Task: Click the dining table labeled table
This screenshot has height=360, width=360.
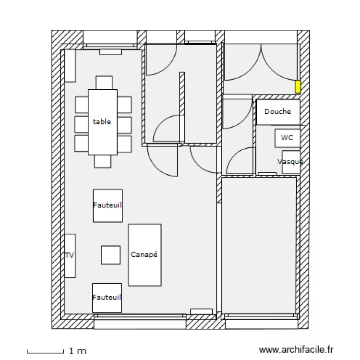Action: click(x=102, y=122)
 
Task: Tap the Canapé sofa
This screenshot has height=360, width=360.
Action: click(x=144, y=255)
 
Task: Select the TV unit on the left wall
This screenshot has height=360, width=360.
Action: click(x=70, y=255)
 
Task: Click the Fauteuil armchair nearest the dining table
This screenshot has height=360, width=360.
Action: click(x=108, y=205)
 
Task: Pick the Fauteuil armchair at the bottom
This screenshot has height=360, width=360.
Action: click(x=107, y=298)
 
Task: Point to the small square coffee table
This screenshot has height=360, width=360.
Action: click(x=110, y=255)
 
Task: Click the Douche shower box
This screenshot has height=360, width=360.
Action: click(x=278, y=112)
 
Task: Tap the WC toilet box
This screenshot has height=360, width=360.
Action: click(x=288, y=138)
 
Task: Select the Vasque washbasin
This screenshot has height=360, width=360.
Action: click(x=291, y=162)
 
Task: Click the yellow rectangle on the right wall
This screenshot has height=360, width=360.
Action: click(x=298, y=86)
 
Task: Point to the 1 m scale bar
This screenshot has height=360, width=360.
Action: click(x=45, y=352)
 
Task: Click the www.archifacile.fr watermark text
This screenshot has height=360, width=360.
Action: click(x=296, y=351)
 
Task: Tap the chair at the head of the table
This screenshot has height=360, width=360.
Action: click(x=104, y=83)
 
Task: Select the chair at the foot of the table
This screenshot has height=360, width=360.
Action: click(x=103, y=161)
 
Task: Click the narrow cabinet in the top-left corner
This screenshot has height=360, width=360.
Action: click(x=70, y=66)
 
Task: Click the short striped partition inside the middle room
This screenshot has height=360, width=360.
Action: click(x=182, y=107)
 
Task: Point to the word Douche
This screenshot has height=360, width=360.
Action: click(x=277, y=112)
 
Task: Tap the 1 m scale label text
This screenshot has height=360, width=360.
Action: click(x=78, y=352)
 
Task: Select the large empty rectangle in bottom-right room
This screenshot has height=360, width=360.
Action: click(x=259, y=245)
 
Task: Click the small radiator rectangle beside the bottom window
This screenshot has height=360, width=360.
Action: click(x=201, y=312)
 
